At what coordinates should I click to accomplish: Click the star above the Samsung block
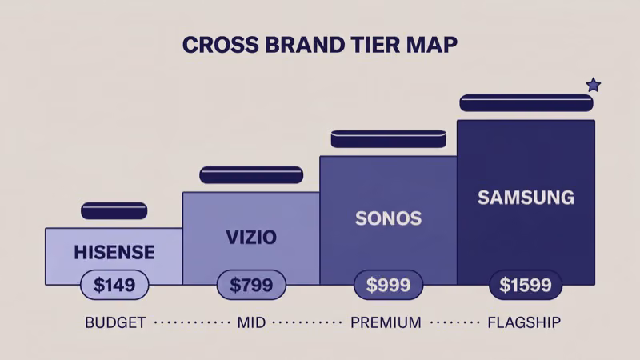(x=593, y=85)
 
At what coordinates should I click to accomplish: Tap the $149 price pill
(x=114, y=285)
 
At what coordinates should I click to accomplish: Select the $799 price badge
(x=251, y=285)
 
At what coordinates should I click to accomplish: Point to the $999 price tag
(x=389, y=285)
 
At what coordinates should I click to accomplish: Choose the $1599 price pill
(x=526, y=285)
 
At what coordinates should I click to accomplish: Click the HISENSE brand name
(x=114, y=253)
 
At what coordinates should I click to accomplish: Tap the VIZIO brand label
(x=251, y=237)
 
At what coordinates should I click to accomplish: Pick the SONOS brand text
(x=389, y=218)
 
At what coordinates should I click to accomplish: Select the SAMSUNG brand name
(x=526, y=197)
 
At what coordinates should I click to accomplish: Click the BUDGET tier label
(x=115, y=323)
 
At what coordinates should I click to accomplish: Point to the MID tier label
(x=251, y=323)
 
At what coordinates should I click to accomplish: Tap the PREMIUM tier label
(x=386, y=323)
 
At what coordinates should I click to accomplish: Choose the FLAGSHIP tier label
(x=524, y=323)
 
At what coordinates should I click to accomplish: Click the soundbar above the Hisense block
(x=114, y=210)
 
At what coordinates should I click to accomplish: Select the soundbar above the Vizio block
(x=251, y=174)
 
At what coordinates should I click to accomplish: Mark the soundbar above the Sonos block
(x=388, y=138)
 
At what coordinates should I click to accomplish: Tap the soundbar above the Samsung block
(x=526, y=102)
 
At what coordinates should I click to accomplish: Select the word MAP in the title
(x=430, y=45)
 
